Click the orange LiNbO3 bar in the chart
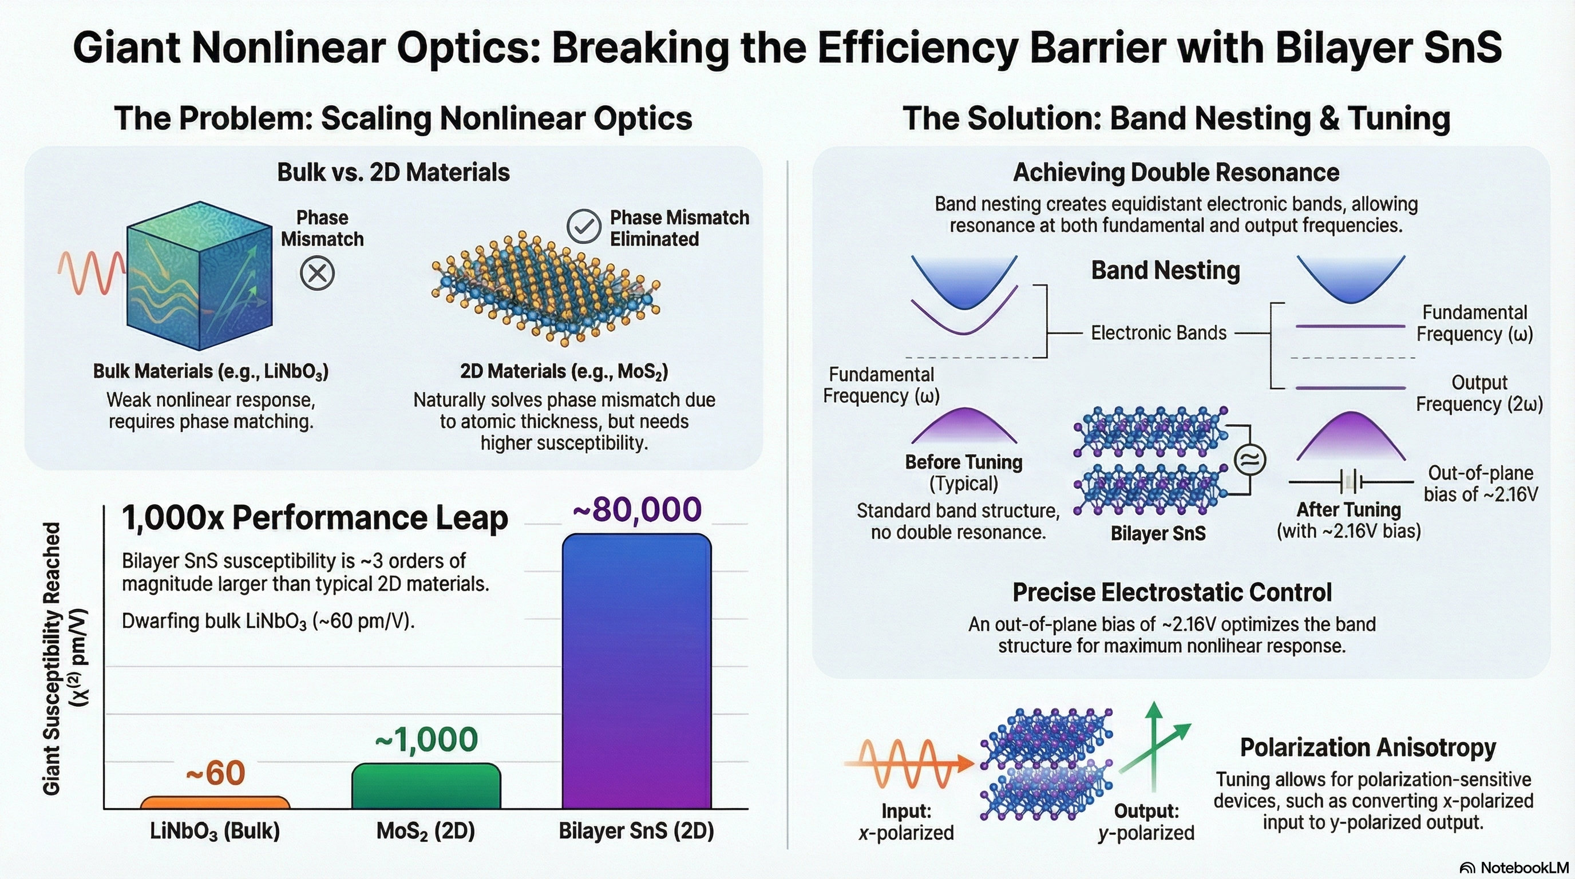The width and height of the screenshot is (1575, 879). click(215, 802)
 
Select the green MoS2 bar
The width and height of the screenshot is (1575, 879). click(426, 787)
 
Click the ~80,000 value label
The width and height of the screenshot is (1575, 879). click(636, 509)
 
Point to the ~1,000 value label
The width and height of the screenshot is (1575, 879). click(426, 739)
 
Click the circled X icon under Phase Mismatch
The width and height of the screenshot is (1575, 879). click(317, 272)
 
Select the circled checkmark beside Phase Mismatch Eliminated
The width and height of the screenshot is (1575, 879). click(583, 226)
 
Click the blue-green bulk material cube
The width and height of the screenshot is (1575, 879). click(199, 276)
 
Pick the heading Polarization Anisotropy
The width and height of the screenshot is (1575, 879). click(1368, 747)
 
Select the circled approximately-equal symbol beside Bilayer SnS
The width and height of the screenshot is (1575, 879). click(1250, 460)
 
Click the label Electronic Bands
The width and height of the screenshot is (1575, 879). click(1158, 333)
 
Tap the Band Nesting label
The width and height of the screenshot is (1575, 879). click(1165, 270)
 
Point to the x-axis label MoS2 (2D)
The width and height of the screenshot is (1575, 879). click(426, 831)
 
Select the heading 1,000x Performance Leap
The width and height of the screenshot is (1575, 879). click(315, 518)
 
